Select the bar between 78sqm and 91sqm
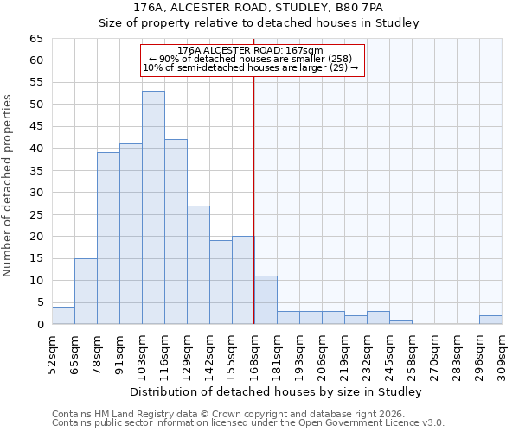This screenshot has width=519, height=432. (108, 238)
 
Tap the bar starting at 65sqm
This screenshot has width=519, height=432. (86, 291)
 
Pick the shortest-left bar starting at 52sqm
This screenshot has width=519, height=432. (63, 315)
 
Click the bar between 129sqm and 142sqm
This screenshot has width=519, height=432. (198, 265)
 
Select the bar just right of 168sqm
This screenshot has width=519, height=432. (266, 300)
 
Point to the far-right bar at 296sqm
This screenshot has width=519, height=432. (490, 320)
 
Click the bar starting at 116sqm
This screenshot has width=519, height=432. (176, 232)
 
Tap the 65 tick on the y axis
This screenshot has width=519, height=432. (35, 39)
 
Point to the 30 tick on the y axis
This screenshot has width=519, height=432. (35, 193)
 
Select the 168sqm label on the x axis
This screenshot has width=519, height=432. (254, 355)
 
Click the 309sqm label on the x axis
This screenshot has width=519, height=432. (502, 355)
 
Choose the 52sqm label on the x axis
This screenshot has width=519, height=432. (52, 355)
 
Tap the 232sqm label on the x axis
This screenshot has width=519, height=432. (367, 355)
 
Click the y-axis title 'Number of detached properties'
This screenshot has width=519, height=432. (8, 186)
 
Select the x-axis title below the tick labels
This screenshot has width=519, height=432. (277, 392)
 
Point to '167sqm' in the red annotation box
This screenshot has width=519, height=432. (305, 51)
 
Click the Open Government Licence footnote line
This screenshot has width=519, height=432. (248, 423)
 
